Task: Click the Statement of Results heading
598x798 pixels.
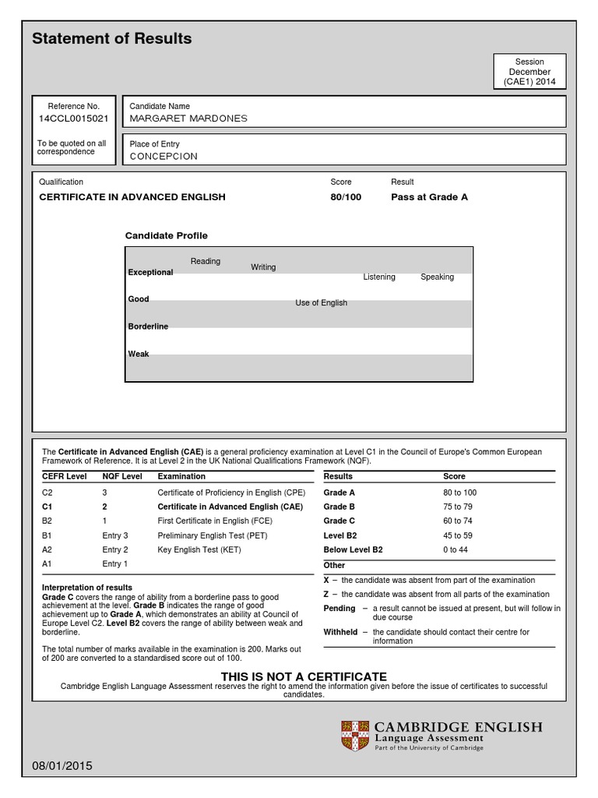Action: [111, 39]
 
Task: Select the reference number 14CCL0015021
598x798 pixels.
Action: [74, 118]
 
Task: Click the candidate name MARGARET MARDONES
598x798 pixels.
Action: [188, 118]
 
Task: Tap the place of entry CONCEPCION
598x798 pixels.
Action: [164, 156]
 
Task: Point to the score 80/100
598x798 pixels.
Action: [346, 197]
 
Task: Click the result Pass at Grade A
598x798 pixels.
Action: [429, 197]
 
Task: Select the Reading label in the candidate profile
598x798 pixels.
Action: [206, 261]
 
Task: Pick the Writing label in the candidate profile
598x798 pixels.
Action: [263, 267]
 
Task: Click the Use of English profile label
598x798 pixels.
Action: [321, 303]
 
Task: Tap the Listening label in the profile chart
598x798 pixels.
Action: [379, 277]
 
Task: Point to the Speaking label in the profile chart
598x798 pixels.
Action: [437, 277]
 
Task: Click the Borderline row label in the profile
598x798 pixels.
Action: [148, 327]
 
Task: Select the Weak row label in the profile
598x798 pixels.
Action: [138, 354]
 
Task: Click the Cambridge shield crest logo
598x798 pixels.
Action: [355, 736]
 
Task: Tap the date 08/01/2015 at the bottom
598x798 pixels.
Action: [62, 766]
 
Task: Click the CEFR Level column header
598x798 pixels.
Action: [64, 476]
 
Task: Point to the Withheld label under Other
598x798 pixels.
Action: [340, 632]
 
